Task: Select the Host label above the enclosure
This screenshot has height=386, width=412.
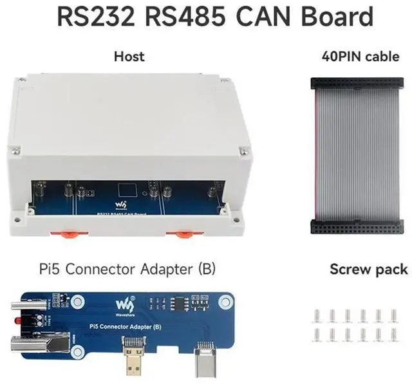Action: tap(129, 57)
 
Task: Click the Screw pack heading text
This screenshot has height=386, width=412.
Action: tap(368, 268)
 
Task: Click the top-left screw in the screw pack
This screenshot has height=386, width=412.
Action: tap(316, 315)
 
